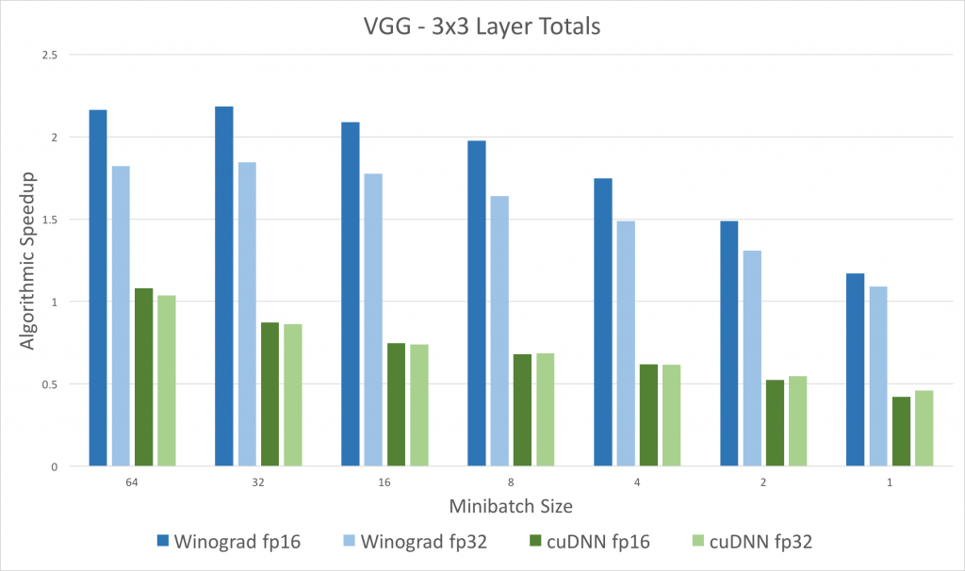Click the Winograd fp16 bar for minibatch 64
coord(98,287)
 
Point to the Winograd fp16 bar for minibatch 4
coord(603,321)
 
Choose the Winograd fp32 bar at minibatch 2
coord(752,358)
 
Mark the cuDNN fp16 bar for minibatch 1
coord(901,431)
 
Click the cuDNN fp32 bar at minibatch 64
coord(166,381)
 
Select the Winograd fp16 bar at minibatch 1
coord(856,369)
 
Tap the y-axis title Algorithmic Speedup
coord(28,259)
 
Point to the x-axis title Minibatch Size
coord(510,506)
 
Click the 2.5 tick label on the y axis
coord(49,55)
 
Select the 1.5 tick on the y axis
coord(49,220)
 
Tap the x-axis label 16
coord(384,482)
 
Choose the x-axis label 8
coord(510,482)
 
